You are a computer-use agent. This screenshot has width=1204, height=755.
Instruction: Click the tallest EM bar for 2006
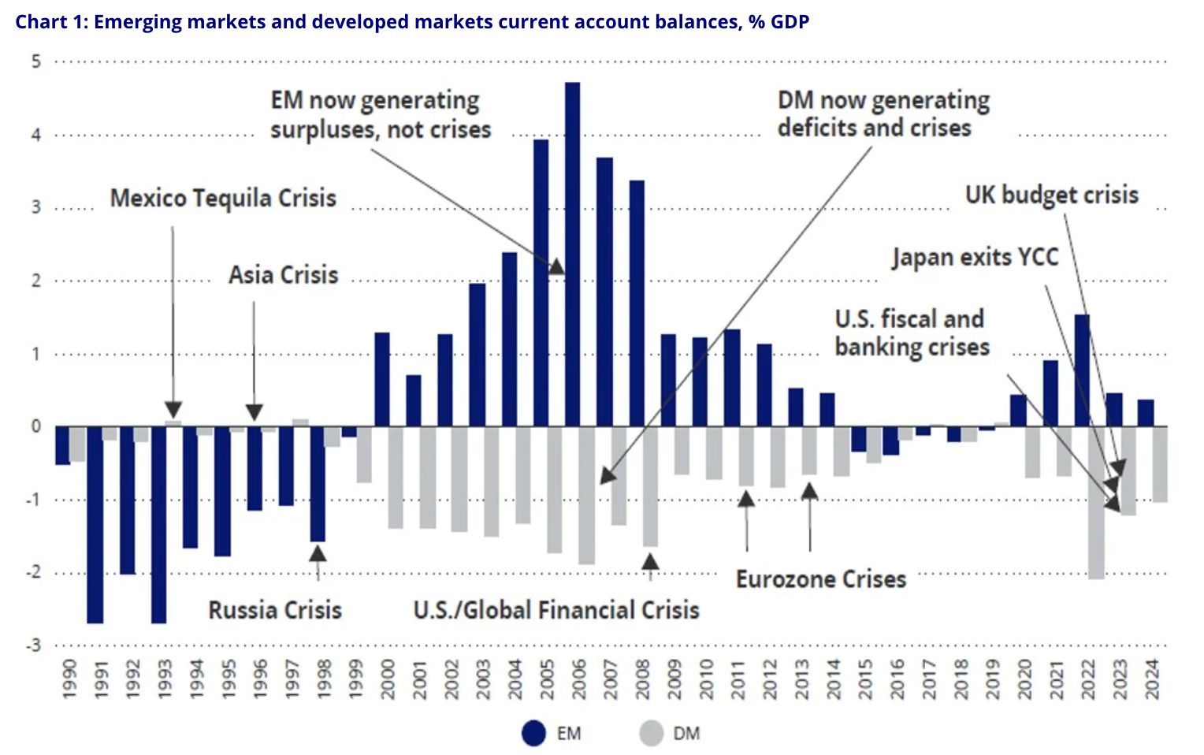point(573,254)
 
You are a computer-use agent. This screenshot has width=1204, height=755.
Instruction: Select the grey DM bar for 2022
point(1096,503)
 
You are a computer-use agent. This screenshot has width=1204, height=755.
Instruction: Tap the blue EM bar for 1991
point(95,524)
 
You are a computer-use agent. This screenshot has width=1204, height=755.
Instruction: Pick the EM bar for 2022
point(1082,370)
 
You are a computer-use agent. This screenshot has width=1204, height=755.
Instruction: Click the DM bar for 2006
point(586,495)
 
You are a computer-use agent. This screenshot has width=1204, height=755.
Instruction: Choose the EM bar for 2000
point(382,379)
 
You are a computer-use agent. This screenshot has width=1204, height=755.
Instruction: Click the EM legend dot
point(533,734)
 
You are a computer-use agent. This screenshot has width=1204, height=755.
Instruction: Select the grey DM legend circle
point(652,734)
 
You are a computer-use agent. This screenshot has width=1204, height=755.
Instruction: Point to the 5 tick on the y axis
point(36,61)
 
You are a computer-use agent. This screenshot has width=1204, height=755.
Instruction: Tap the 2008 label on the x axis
point(643,679)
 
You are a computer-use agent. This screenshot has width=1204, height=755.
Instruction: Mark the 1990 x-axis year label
point(69,679)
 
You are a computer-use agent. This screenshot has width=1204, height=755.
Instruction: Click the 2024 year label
point(1153,679)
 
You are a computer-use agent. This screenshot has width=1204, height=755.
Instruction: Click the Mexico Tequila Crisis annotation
point(223,198)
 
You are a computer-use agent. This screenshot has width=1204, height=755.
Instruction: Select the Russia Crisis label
point(275,610)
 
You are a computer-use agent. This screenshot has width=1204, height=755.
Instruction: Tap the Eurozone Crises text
point(821,579)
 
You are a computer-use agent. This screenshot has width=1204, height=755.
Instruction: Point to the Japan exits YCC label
point(975,257)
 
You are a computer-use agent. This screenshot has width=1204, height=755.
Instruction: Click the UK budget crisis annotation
point(1052,195)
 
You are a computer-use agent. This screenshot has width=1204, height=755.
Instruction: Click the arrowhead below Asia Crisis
point(254,412)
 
